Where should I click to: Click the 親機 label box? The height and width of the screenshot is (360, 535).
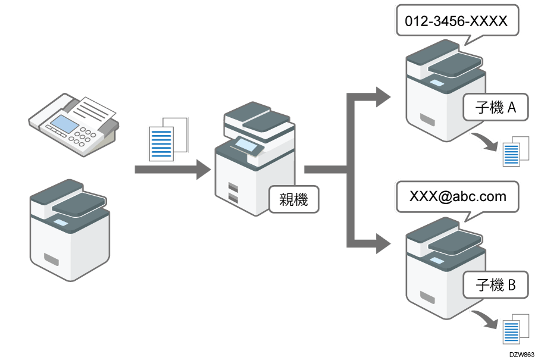[x=293, y=200]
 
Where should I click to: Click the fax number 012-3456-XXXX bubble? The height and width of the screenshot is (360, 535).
[x=456, y=22]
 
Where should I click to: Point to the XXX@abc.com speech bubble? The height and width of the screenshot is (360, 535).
[x=457, y=196]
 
